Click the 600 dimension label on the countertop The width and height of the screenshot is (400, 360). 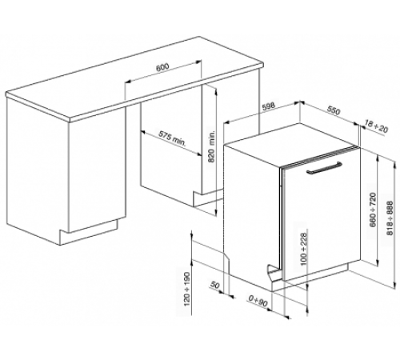[162, 67]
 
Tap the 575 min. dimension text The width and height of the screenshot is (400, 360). [172, 138]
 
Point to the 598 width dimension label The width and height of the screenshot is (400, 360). [268, 106]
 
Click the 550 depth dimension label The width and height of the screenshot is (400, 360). [334, 110]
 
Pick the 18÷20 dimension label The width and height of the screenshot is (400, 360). [376, 126]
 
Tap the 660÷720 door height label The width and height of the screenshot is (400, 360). [373, 210]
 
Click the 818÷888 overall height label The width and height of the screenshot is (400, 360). [390, 218]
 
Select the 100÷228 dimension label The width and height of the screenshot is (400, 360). [304, 249]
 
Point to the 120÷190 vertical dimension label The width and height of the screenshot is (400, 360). [187, 289]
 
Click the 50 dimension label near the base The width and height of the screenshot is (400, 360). [215, 286]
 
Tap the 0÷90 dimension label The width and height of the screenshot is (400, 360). [258, 302]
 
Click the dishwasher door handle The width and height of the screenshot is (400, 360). [324, 168]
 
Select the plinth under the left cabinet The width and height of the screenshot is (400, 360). [89, 232]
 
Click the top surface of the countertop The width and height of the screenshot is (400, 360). [134, 78]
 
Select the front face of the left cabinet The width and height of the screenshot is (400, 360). [97, 170]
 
